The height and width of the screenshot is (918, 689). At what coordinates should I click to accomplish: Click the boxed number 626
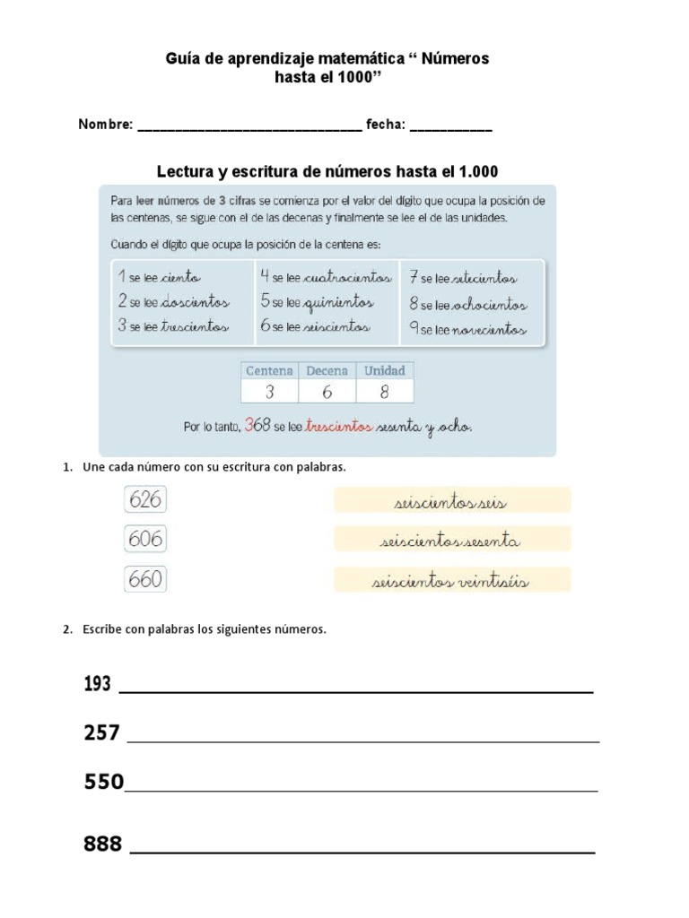(x=145, y=499)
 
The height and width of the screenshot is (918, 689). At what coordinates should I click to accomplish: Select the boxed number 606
(x=145, y=540)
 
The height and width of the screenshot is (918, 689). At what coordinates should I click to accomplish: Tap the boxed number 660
(x=145, y=580)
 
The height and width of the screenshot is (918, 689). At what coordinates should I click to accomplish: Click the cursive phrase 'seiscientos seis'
(x=451, y=502)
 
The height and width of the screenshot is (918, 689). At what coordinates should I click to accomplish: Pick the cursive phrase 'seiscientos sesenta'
(x=451, y=541)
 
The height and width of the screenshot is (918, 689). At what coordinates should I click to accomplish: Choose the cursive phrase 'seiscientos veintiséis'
(x=451, y=582)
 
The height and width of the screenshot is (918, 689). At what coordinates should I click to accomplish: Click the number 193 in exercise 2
(x=97, y=684)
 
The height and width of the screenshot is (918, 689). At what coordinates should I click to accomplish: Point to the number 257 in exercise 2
(x=101, y=733)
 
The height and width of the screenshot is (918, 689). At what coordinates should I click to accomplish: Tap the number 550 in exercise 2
(x=103, y=782)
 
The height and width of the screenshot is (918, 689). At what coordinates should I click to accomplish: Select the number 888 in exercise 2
(x=103, y=844)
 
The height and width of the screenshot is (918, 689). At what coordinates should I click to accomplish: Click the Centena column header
(x=269, y=370)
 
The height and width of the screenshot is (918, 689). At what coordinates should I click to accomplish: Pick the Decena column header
(x=327, y=370)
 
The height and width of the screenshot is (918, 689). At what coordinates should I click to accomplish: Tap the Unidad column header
(x=385, y=370)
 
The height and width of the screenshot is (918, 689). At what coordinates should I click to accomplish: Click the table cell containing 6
(x=327, y=391)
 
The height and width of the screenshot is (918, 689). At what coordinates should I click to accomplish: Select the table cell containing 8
(x=385, y=391)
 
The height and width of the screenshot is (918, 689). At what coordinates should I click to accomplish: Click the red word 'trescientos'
(x=338, y=428)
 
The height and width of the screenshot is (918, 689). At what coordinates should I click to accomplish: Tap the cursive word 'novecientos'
(x=489, y=330)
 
